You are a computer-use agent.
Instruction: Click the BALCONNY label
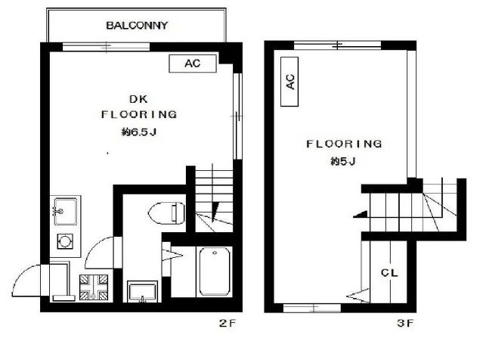pos(137,25)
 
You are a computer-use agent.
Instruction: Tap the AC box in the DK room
pos(193,64)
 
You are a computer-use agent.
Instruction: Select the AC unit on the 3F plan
pos(289,82)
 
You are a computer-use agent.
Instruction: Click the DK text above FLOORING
pos(138,99)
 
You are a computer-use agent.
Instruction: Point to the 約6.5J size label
pos(139,132)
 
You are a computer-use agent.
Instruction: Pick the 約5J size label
pos(343,161)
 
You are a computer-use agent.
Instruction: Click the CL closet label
pos(389,272)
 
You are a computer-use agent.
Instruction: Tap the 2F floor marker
pos(228,324)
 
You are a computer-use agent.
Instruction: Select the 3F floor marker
pos(405,324)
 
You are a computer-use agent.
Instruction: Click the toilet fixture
pos(167,213)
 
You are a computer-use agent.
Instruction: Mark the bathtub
pos(215,272)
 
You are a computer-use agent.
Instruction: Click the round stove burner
pos(65,241)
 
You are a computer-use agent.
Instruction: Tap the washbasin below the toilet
pos(142,292)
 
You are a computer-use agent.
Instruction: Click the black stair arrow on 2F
pos(215,211)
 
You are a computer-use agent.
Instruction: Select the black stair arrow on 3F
pos(361,214)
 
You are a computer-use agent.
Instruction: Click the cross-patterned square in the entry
pos(94,287)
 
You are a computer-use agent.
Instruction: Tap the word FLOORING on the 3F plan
pos(344,144)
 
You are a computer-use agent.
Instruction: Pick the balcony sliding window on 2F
pos(106,47)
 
